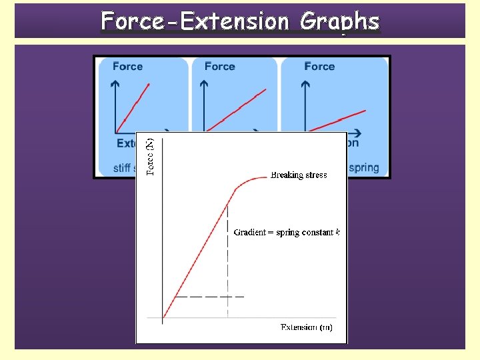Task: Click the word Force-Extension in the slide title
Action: [x=195, y=22]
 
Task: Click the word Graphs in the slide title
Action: [x=339, y=22]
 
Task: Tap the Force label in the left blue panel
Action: [x=127, y=66]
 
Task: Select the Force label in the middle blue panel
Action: [x=219, y=66]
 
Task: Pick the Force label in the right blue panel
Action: [x=319, y=66]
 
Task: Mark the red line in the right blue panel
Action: [x=340, y=119]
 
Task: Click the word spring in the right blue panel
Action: [x=363, y=167]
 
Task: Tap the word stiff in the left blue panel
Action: [x=121, y=168]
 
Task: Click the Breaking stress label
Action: [x=299, y=175]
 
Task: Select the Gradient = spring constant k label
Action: [x=287, y=233]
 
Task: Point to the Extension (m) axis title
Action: [x=306, y=327]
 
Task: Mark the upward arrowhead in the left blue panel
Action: [x=115, y=84]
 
